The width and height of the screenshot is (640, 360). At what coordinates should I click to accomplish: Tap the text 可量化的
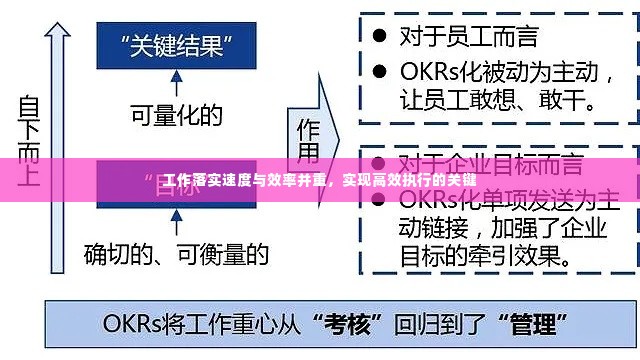tap(176, 116)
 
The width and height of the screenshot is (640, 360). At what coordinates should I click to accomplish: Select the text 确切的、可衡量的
tap(176, 254)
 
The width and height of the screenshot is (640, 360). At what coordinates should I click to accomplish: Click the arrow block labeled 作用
tap(309, 140)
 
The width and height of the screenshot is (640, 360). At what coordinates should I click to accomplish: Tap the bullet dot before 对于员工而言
tap(379, 35)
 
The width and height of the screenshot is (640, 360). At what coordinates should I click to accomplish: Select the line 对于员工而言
tap(468, 36)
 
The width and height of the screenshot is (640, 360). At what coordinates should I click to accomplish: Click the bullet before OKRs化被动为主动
tap(379, 72)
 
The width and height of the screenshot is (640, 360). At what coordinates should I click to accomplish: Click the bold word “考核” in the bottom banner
tap(347, 324)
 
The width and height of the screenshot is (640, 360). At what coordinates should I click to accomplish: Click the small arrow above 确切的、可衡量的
tap(176, 222)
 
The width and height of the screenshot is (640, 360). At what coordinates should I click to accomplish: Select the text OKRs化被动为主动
tap(500, 72)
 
